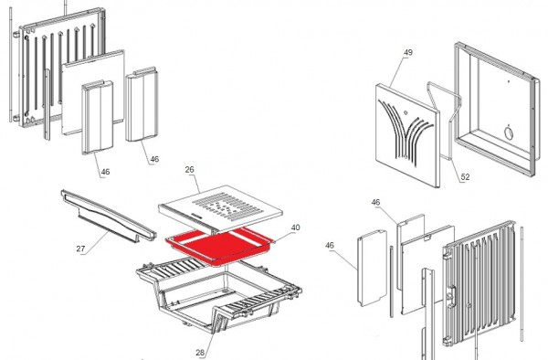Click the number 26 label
pyautogui.click(x=191, y=170)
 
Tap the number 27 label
pyautogui.click(x=80, y=248)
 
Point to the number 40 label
pyautogui.click(x=295, y=228)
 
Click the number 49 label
pyautogui.click(x=407, y=53)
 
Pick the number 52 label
pyautogui.click(x=465, y=177)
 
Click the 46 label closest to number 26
pyautogui.click(x=153, y=160)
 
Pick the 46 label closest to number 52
pyautogui.click(x=375, y=202)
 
